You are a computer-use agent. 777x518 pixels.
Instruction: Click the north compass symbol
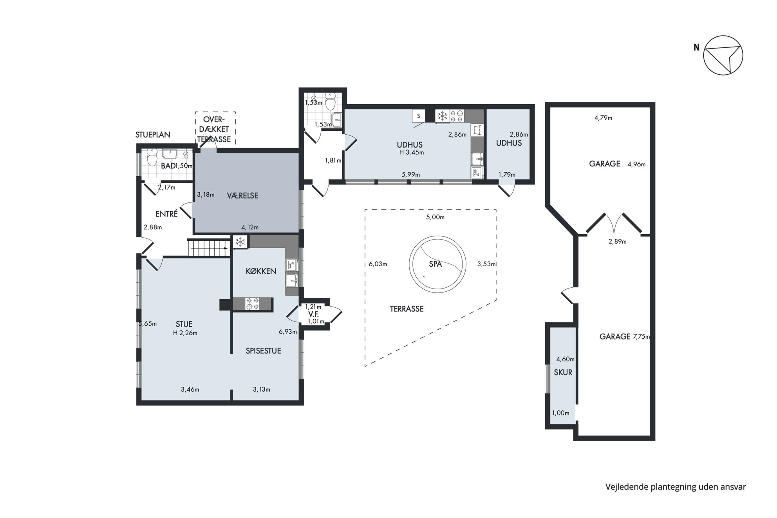coord(723,55)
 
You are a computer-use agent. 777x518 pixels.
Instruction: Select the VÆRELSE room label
coord(242,195)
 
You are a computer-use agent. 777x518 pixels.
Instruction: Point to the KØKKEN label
coord(261,271)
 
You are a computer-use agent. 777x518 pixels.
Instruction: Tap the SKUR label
coord(563,372)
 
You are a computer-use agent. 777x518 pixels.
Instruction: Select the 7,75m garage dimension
coord(641,337)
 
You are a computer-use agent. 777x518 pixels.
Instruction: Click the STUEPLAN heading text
coord(153,135)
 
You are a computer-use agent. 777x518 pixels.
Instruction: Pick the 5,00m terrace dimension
coord(435,217)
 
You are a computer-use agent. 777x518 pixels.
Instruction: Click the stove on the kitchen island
coord(252,304)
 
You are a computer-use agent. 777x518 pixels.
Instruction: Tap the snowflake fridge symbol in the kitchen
coord(240,242)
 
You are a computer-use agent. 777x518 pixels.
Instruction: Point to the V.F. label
coord(313,314)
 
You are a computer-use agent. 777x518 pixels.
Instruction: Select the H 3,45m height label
coord(412,153)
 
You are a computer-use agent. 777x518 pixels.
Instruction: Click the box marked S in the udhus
coord(419,116)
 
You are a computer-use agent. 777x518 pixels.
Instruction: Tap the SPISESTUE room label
coord(263,351)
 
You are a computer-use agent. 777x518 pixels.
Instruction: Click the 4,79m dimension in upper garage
coord(603,117)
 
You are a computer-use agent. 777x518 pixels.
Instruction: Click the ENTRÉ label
coord(166,214)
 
